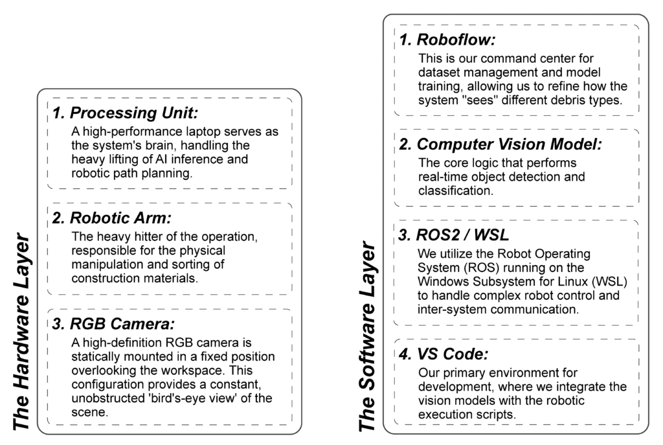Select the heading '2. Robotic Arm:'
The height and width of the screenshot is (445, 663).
[111, 218]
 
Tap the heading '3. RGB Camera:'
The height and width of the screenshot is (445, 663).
[114, 323]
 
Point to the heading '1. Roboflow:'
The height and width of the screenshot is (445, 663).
[447, 40]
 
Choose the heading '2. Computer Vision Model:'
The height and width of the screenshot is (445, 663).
[500, 144]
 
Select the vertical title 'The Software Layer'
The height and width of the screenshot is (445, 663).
[368, 336]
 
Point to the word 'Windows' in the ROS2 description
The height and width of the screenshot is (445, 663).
[440, 281]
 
